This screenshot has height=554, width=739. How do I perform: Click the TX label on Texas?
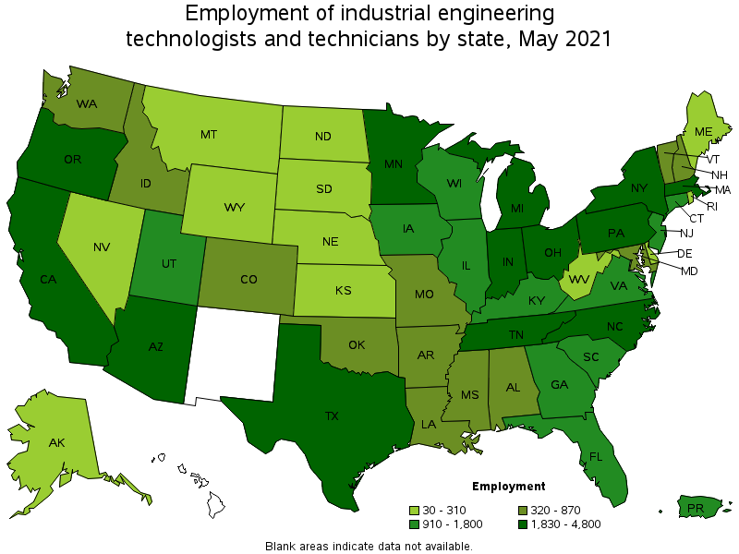pyautogui.click(x=332, y=415)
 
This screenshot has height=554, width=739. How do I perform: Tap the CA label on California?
pyautogui.click(x=50, y=278)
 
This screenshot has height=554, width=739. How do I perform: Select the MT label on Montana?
pyautogui.click(x=208, y=134)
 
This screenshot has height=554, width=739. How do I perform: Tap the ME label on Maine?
pyautogui.click(x=703, y=132)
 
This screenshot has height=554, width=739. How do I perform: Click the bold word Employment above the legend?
pyautogui.click(x=508, y=486)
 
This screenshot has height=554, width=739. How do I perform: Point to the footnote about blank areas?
pyautogui.click(x=369, y=546)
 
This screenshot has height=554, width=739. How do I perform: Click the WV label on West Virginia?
pyautogui.click(x=579, y=278)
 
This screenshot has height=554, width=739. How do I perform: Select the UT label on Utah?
pyautogui.click(x=168, y=264)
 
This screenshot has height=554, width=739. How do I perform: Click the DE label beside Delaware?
pyautogui.click(x=685, y=253)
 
